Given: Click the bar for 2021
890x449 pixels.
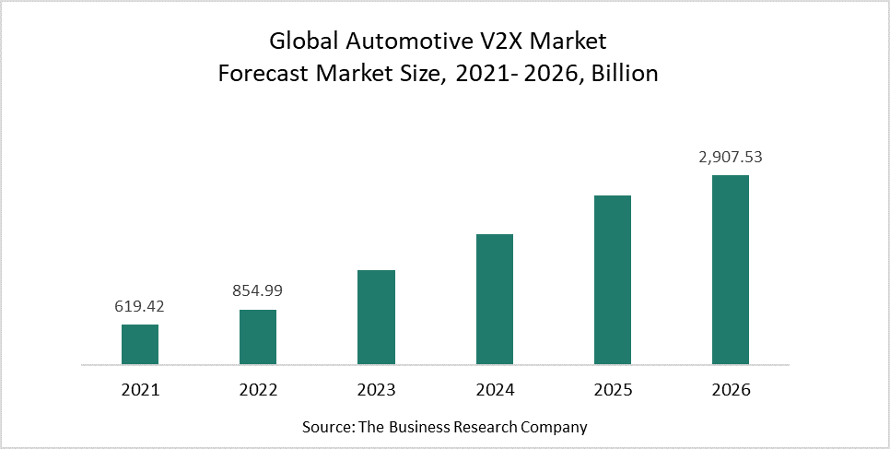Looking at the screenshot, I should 140,345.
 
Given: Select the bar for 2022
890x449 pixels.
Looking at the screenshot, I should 258,337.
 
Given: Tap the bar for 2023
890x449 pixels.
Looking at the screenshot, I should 376,318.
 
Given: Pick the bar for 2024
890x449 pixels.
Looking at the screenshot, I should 494,300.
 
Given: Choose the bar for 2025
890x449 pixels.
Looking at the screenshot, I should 612,280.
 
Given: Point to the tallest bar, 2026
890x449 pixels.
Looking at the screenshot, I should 730,270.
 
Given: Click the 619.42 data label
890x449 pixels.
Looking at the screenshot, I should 140,306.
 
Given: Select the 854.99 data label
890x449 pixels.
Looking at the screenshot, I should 258,290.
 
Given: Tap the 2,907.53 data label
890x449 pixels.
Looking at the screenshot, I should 731,157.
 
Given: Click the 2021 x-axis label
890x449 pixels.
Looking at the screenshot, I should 140,390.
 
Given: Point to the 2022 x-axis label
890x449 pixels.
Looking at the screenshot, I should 258,390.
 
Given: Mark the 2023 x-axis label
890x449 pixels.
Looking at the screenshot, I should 376,390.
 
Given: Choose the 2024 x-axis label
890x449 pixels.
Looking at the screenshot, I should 494,390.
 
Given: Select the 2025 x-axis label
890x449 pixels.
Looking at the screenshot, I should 612,390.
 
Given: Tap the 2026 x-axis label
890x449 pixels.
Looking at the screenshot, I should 732,390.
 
